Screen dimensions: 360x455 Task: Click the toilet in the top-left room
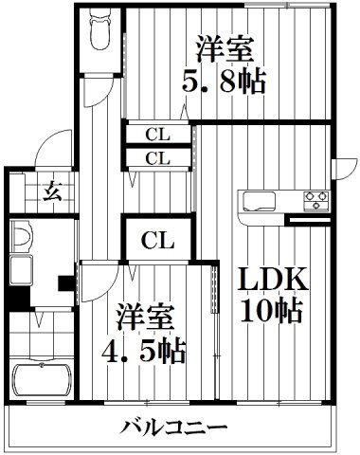click(x=100, y=29)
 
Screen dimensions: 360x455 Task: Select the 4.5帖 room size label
click(x=143, y=351)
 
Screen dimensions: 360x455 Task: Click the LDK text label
click(x=272, y=279)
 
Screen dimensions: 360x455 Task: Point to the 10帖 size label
click(x=271, y=310)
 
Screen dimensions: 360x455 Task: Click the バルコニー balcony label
click(x=174, y=428)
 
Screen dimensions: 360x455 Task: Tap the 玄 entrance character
click(x=52, y=191)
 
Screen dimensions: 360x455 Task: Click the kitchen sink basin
click(x=259, y=201)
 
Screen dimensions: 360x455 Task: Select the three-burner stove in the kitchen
click(x=316, y=201)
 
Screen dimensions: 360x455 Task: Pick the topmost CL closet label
click(x=157, y=136)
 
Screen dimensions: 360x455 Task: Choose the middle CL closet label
click(x=157, y=158)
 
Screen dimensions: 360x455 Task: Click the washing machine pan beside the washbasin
click(x=21, y=270)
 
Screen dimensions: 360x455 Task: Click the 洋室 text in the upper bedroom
click(x=225, y=49)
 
